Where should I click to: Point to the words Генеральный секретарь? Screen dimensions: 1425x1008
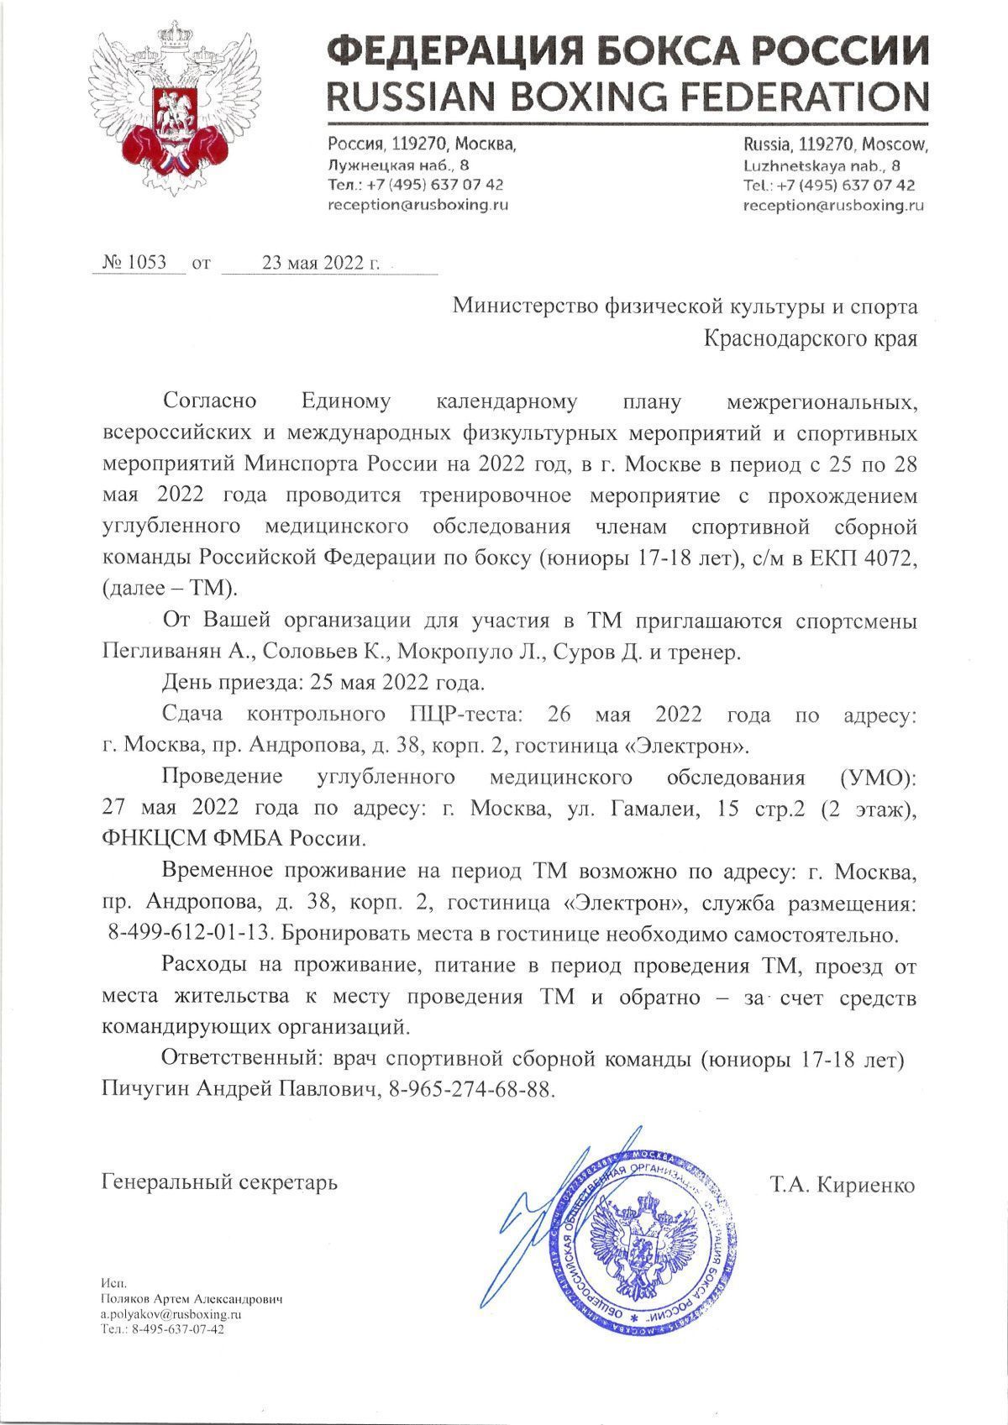pyautogui.click(x=219, y=1183)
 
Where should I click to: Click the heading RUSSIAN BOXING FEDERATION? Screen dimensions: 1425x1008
pyautogui.click(x=627, y=95)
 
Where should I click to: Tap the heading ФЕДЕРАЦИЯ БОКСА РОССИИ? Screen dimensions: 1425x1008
pyautogui.click(x=627, y=53)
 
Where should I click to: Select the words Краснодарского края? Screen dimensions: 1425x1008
pyautogui.click(x=811, y=339)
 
